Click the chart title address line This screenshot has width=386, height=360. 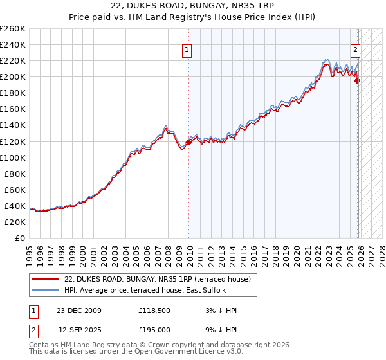pyautogui.click(x=193, y=6)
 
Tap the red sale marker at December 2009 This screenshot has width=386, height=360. pyautogui.click(x=189, y=142)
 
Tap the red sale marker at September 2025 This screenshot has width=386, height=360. pyautogui.click(x=358, y=80)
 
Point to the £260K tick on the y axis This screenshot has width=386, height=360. pyautogui.click(x=13, y=29)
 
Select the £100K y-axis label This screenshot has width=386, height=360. pyautogui.click(x=13, y=157)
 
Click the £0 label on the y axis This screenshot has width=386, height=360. pyautogui.click(x=19, y=238)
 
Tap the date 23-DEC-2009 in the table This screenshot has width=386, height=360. pyautogui.click(x=79, y=310)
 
